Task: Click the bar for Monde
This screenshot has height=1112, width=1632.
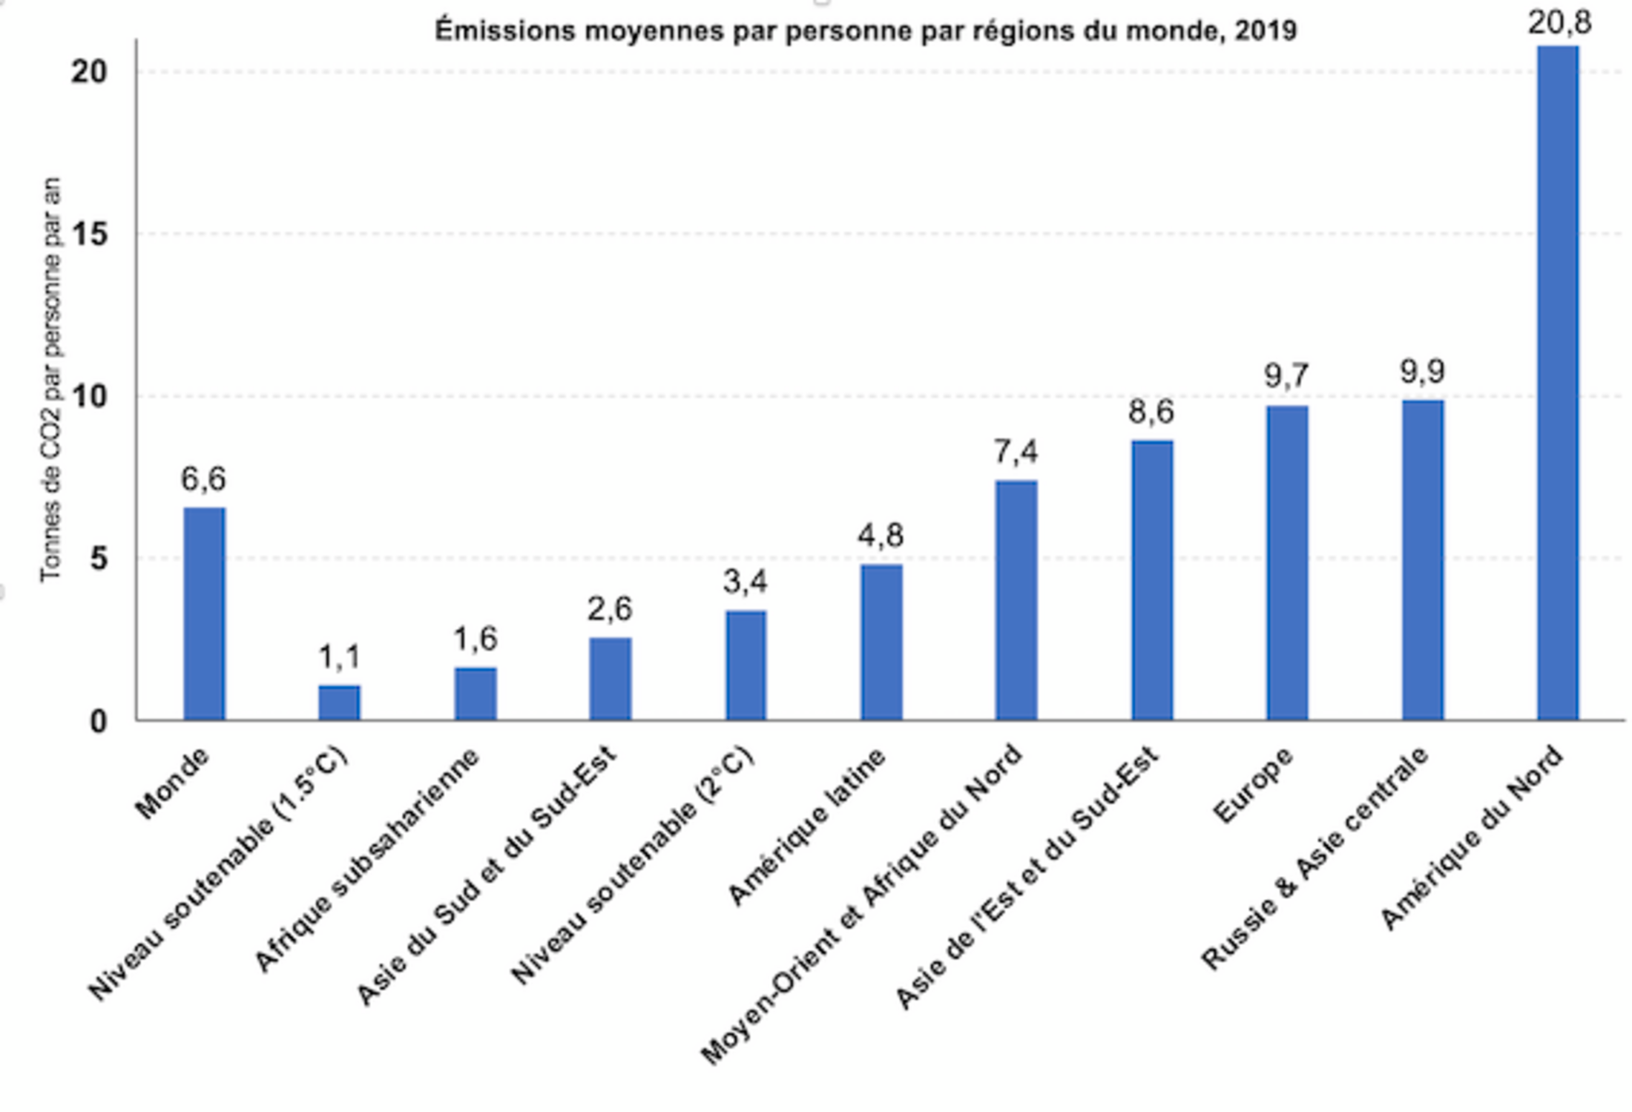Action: tap(204, 613)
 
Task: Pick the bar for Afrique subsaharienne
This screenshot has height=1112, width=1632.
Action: tap(475, 694)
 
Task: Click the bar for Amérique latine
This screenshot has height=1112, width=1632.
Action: tap(881, 642)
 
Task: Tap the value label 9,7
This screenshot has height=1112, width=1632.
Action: tap(1287, 375)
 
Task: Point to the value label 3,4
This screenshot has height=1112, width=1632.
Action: tap(746, 581)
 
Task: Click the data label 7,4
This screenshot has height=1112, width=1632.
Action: tap(1016, 451)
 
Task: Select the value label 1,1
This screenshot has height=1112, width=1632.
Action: tap(339, 656)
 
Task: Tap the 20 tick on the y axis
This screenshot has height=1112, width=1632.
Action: tap(89, 72)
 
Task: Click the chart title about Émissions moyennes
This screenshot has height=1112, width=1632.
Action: tap(865, 30)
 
